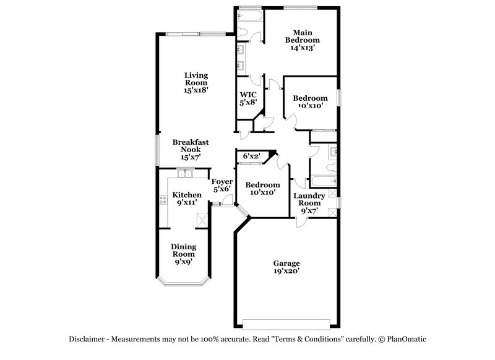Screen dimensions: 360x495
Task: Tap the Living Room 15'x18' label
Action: tap(196, 82)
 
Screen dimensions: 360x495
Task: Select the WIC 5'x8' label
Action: tap(248, 98)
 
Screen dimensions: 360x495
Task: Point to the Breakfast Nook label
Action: tap(191, 150)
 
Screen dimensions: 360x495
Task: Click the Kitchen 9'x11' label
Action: tap(186, 199)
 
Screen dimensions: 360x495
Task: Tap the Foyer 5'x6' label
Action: tap(222, 186)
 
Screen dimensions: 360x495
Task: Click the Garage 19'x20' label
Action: tap(286, 267)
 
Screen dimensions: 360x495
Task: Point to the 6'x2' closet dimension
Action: tap(251, 156)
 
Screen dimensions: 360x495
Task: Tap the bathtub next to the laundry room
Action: tap(322, 181)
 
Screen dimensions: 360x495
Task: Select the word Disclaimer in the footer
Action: tap(89, 339)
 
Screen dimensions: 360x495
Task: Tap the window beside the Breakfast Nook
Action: tap(156, 149)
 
